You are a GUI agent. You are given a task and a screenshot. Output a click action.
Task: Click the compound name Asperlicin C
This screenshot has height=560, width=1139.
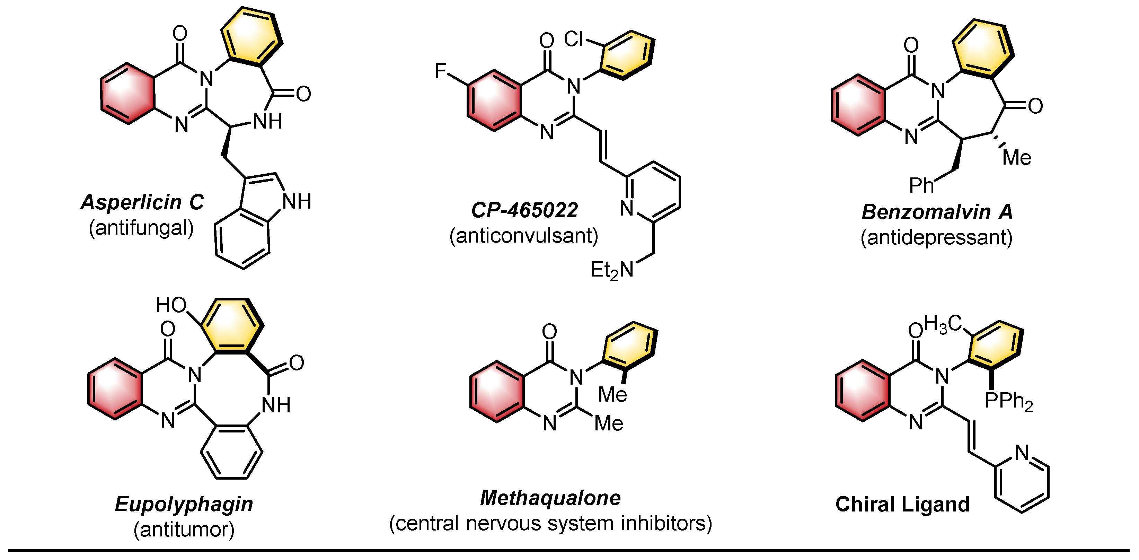[x=142, y=203]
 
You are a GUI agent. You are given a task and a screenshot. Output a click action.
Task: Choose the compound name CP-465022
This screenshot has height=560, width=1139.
[x=524, y=210]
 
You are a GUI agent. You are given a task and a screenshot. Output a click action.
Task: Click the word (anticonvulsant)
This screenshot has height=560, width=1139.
[x=524, y=236]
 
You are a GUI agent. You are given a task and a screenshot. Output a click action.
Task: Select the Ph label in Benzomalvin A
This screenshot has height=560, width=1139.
[x=921, y=185]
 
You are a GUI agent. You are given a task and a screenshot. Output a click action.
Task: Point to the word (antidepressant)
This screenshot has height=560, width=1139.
[x=936, y=237]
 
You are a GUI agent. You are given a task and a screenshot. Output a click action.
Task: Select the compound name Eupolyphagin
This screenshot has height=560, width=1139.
[x=184, y=504]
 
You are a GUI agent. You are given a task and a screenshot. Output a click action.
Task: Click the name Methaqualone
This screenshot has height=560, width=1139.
[x=550, y=498]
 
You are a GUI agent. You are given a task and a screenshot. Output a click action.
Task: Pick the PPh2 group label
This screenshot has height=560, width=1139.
[x=1008, y=401]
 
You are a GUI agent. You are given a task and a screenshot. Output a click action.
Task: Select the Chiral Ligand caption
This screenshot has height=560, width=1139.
[x=902, y=504]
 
